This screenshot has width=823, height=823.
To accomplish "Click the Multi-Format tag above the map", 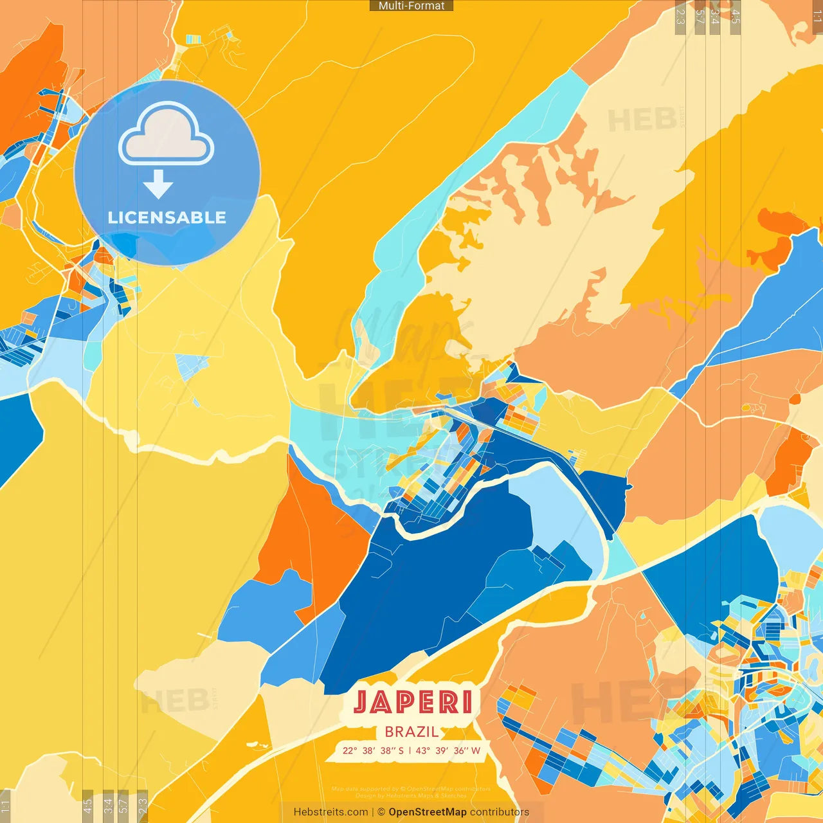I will pos(411,6).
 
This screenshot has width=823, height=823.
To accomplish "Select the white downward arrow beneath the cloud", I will pos(158,185).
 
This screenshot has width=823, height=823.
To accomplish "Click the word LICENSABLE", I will pos(167,217).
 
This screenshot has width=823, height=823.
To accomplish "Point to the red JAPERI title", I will pos(413,701).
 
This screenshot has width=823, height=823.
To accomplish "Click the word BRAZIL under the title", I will pos(411,732).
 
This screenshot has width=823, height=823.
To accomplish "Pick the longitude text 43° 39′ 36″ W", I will pos(448,750).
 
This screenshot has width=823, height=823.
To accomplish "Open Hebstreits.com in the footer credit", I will pos(330,812).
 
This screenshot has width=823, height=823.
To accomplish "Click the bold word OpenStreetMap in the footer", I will pos(428,812).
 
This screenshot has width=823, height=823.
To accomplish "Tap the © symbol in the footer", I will pos(381,812).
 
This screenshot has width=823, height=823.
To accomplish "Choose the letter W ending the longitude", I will pos(476,750).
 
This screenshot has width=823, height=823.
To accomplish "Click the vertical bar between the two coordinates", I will pos(410,750).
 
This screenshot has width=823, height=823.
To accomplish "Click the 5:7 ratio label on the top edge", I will pos(700,17).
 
